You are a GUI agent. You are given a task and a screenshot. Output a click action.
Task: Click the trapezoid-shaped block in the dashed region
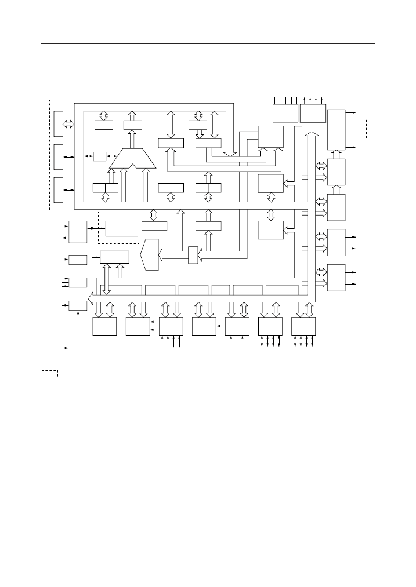[x=132, y=159]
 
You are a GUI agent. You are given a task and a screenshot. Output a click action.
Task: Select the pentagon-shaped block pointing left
[x=149, y=254]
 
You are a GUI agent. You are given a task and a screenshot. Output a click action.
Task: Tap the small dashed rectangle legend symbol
[x=49, y=373]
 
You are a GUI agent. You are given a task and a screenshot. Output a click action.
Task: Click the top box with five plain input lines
[x=285, y=113]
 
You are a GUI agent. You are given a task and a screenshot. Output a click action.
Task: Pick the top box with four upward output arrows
[x=313, y=113]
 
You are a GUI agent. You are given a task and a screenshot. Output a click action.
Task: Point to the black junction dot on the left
[x=92, y=228]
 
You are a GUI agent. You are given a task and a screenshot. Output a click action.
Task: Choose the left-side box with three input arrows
[x=78, y=282]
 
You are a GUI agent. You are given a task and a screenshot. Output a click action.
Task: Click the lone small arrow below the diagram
[x=66, y=348]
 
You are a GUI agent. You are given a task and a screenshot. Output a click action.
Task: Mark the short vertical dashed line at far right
[x=366, y=128]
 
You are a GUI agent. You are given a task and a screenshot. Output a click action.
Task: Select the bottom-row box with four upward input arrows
[x=171, y=326]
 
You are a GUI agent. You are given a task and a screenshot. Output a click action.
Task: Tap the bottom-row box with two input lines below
[x=237, y=326]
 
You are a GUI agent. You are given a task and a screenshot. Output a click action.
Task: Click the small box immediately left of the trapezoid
[x=99, y=156]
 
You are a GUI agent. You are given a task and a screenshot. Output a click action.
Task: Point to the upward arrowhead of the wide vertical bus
[x=311, y=134]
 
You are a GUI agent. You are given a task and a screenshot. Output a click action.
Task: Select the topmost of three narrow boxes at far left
[x=58, y=123]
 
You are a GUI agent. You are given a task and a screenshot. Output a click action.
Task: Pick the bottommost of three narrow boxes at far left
[x=58, y=190]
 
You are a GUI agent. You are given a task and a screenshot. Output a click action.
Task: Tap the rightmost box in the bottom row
[x=303, y=326]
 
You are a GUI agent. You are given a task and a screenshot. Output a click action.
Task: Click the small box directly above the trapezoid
[x=132, y=125]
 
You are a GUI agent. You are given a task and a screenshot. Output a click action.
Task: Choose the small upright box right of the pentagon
[x=193, y=254]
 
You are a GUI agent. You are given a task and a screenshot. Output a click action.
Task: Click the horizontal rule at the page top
[x=208, y=44]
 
